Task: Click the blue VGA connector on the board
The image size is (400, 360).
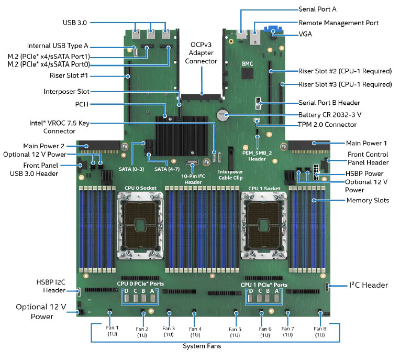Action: (x=272, y=29)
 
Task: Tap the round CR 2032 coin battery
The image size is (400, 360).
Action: (x=222, y=115)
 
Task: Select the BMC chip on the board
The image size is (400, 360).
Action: (x=247, y=73)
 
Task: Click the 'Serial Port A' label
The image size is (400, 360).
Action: (x=317, y=9)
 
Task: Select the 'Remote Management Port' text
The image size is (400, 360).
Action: (x=338, y=23)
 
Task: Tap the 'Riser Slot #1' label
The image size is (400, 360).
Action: (x=69, y=75)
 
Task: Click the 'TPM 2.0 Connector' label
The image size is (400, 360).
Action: (x=327, y=125)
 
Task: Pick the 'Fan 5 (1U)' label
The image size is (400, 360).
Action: (x=235, y=332)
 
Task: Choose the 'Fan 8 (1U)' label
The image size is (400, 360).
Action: (x=320, y=332)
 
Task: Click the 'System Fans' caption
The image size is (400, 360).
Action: (x=202, y=346)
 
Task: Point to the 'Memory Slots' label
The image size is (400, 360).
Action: (x=368, y=200)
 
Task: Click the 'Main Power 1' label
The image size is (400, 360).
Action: (x=366, y=143)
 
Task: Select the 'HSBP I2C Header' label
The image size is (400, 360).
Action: (x=51, y=286)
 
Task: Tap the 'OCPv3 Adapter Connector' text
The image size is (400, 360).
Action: (x=201, y=53)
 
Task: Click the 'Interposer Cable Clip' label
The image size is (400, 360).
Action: (x=230, y=174)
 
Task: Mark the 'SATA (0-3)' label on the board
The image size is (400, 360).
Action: (x=131, y=169)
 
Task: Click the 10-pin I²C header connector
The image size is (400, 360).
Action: (x=192, y=162)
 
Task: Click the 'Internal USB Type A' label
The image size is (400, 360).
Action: (x=58, y=46)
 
